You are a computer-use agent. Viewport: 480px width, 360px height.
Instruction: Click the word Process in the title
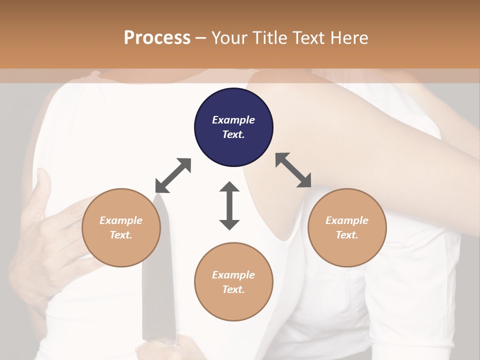157,38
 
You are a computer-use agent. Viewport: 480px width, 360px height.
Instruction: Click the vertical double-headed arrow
229,206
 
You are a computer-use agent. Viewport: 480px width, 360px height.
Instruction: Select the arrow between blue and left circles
173,175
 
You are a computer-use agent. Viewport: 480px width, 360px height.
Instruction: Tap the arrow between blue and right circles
293,170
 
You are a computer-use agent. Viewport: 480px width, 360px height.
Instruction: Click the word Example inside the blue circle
233,120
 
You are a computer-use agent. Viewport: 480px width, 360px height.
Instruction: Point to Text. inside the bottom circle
233,289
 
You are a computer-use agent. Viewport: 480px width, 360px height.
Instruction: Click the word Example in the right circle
347,220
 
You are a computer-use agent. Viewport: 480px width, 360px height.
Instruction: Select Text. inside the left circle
121,235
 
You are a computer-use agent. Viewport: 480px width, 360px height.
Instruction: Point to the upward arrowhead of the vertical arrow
229,188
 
